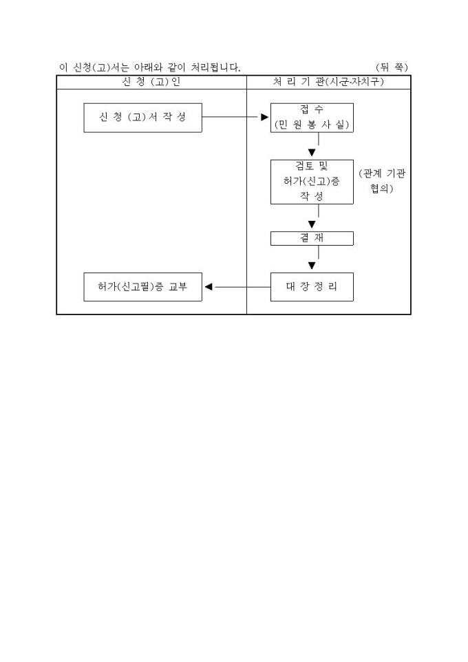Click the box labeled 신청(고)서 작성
point(142,118)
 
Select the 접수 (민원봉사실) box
point(312,118)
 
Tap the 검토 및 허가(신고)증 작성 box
point(312,182)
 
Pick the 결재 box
point(312,238)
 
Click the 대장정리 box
point(312,287)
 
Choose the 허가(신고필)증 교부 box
point(142,287)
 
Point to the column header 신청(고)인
point(151,83)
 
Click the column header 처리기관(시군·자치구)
point(328,83)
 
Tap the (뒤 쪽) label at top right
point(392,67)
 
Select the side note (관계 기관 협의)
point(383,181)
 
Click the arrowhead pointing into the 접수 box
point(264,118)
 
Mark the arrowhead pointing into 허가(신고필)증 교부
point(209,287)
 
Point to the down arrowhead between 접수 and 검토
point(312,152)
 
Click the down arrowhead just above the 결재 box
point(312,224)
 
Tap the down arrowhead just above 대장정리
point(312,266)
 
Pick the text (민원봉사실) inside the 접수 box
point(312,125)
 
